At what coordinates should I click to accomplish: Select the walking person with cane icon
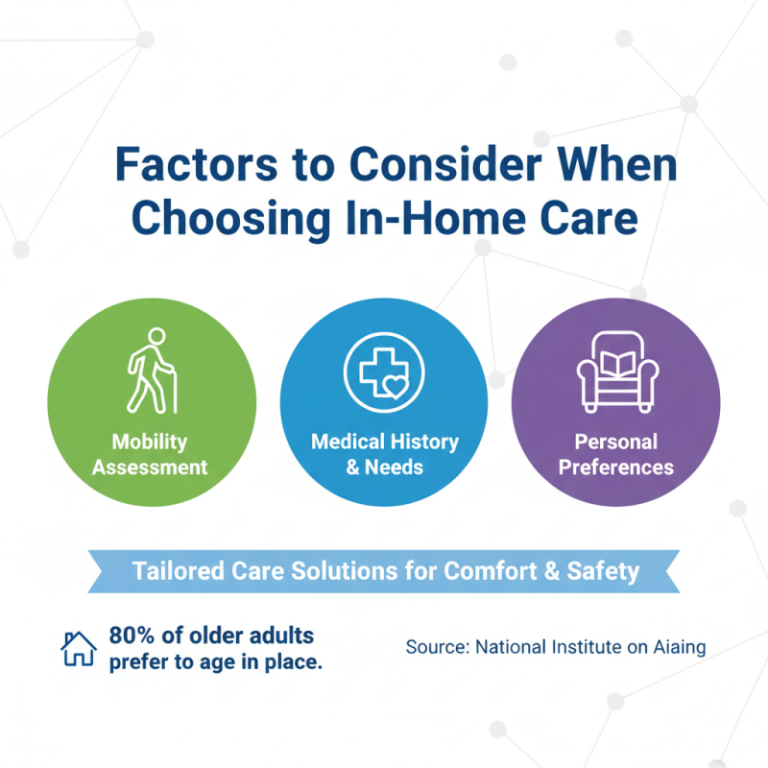152,370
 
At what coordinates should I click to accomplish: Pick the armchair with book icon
615,371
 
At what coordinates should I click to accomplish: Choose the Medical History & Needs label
384,455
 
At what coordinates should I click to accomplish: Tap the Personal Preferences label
616,455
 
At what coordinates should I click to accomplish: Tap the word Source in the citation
436,647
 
